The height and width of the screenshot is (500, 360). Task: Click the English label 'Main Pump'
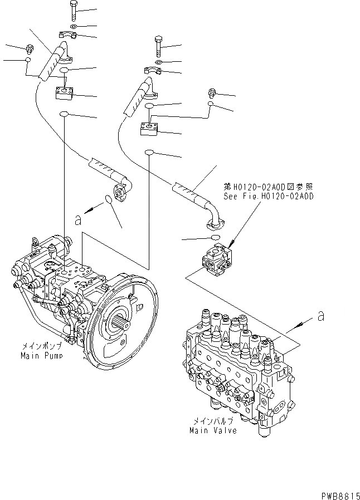pos(41,355)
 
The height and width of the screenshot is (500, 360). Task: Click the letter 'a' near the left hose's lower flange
pos(78,220)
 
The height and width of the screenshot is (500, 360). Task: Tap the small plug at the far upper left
pos(29,49)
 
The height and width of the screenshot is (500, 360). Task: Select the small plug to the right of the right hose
pos(211,92)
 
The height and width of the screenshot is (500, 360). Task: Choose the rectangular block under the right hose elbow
pos(149,129)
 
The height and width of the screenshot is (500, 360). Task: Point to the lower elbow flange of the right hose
pos(215,222)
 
